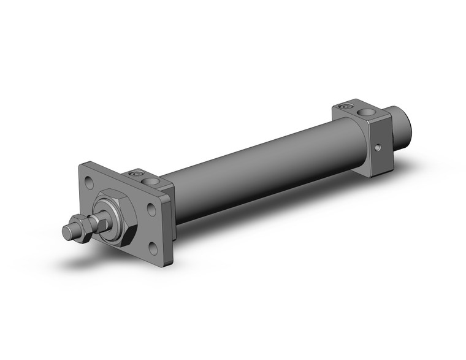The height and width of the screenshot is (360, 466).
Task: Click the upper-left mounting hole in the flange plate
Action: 90,182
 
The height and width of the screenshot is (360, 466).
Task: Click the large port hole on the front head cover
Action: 150,180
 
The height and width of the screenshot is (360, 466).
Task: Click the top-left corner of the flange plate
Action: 83,165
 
